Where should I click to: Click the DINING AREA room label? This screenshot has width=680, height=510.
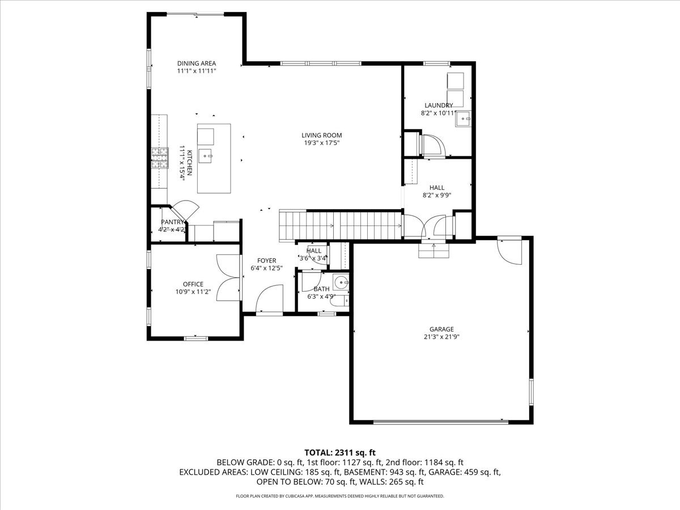tap(196, 63)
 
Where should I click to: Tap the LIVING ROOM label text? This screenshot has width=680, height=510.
tap(321, 135)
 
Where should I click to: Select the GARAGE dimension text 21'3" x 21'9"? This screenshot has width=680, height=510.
tap(441, 337)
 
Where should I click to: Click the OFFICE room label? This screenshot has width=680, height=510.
tap(193, 284)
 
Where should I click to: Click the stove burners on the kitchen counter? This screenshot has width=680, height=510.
tap(160, 158)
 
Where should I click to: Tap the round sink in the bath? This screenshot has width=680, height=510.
tap(341, 282)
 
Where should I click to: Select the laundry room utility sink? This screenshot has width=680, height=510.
tap(464, 118)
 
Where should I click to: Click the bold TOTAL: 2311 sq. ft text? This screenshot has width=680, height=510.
tap(340, 452)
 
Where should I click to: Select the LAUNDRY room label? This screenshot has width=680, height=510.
tap(439, 105)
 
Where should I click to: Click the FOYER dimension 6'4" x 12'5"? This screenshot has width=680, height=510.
tap(266, 268)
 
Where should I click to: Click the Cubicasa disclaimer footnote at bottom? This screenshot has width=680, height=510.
tap(340, 496)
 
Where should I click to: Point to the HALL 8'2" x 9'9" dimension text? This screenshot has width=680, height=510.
tap(436, 195)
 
